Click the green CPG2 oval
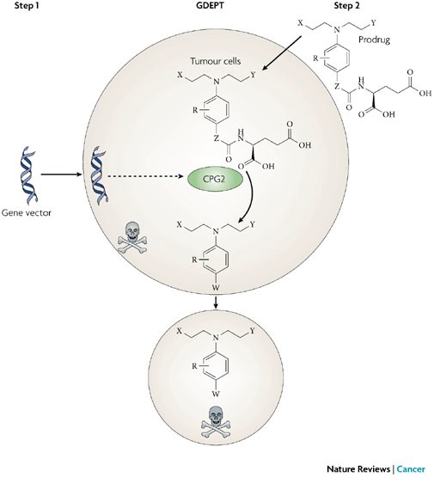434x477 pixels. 216,179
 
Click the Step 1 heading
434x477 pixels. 27,5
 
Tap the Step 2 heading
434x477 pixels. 346,5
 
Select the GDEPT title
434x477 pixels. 211,5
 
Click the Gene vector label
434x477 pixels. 27,212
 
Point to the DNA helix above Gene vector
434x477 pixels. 28,174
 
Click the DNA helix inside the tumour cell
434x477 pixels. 98,174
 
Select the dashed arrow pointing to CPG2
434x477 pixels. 145,176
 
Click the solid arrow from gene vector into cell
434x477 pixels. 62,174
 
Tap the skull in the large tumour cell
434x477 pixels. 132,237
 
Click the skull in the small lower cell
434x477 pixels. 216,421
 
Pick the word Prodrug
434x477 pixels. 374,40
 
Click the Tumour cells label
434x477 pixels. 216,61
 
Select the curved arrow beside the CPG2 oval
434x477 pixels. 251,198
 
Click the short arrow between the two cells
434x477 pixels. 216,302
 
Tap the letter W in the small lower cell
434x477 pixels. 216,394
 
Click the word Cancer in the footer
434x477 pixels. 411,468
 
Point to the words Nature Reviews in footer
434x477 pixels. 358,468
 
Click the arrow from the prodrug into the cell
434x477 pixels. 281,53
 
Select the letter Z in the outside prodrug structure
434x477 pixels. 337,88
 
